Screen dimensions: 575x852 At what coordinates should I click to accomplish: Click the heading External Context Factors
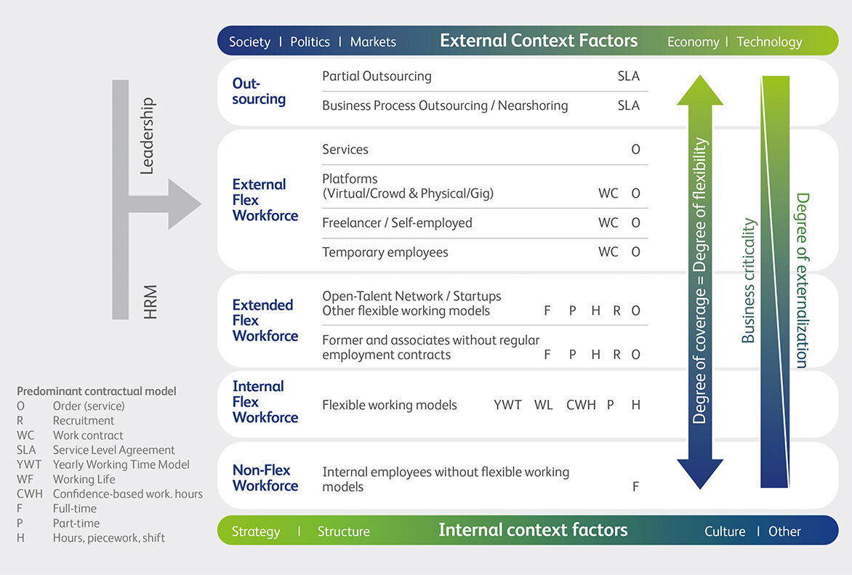pos(538,41)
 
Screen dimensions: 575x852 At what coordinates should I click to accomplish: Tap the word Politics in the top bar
pos(310,41)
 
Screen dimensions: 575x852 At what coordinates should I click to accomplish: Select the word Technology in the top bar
pos(769,41)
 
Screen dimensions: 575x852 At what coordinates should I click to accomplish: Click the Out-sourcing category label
pos(259,92)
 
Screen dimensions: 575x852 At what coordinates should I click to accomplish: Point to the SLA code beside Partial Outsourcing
pos(628,76)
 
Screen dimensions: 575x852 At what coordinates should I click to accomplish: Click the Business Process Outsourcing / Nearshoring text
pos(445,105)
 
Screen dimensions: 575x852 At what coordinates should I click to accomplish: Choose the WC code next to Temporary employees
pos(608,252)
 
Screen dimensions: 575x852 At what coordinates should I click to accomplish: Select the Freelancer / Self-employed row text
pos(397,222)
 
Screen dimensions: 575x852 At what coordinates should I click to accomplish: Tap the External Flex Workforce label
pos(265,200)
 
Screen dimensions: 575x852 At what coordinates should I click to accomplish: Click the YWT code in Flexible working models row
pos(507,405)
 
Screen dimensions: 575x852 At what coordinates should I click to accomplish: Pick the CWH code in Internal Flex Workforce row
pos(581,405)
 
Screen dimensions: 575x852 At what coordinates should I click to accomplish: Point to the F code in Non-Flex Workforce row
pos(635,487)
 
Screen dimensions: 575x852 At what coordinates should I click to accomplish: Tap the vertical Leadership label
pos(147,137)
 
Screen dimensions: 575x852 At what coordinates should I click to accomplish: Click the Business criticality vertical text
pos(747,280)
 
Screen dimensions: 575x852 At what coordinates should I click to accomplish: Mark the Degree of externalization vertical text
pos(802,280)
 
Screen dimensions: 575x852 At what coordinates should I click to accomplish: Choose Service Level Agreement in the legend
pos(113,450)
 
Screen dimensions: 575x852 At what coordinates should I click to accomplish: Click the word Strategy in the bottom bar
pos(256,531)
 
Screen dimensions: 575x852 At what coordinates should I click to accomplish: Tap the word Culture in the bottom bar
pos(725,531)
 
